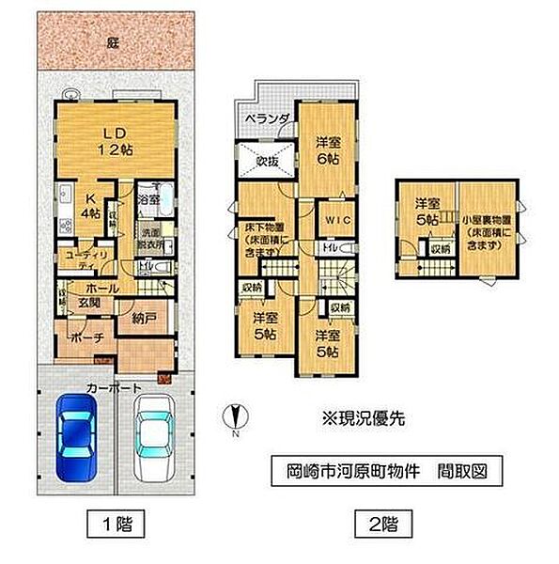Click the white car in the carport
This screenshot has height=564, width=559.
click(x=149, y=437)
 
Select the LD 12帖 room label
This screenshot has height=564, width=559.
click(x=114, y=139)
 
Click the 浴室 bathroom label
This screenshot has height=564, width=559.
click(x=148, y=200)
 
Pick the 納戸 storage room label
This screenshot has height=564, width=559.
click(x=132, y=321)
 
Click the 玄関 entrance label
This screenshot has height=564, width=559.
click(x=88, y=302)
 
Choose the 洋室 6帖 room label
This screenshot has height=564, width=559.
click(x=326, y=150)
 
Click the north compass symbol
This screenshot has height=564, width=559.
click(x=234, y=415)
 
